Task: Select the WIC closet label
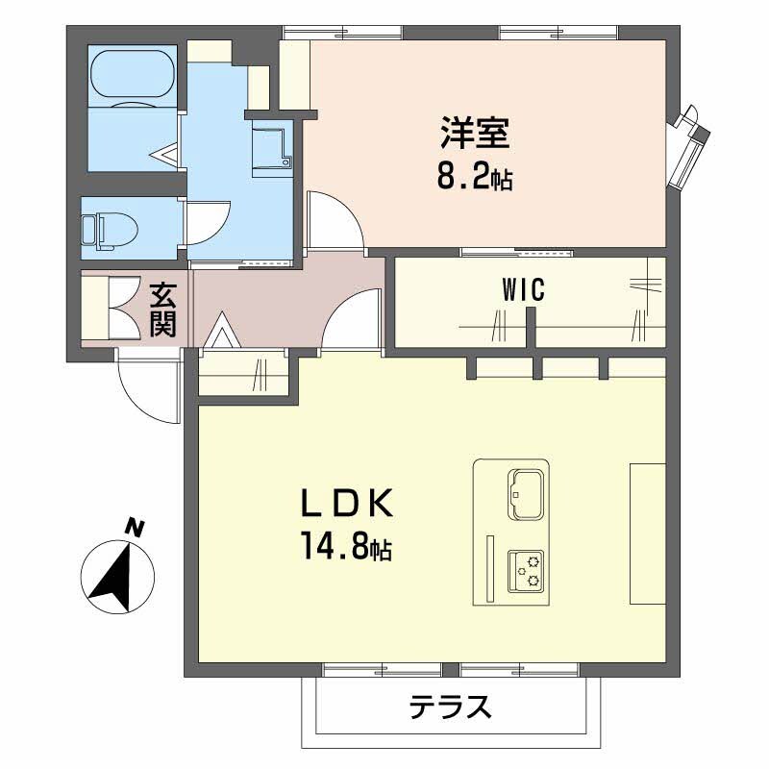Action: pos(522,289)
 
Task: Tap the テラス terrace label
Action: pos(451,708)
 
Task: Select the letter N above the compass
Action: pos(135,527)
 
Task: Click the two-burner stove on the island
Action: pos(526,573)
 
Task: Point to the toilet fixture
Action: pos(108,229)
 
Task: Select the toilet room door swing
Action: pos(205,222)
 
